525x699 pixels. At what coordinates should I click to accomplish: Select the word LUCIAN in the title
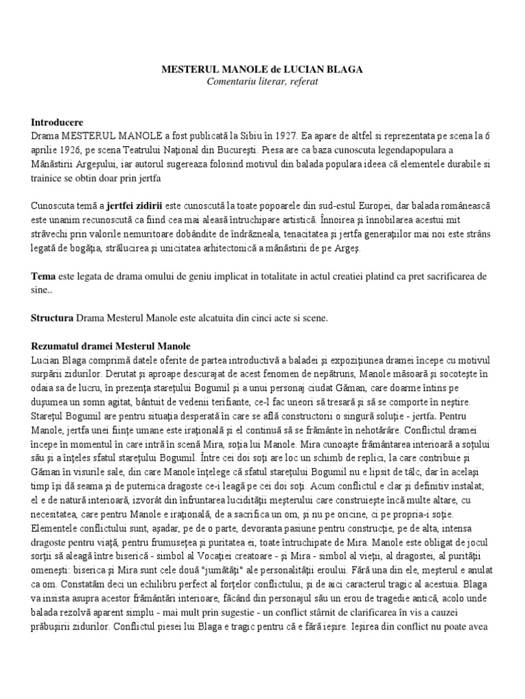tap(301, 70)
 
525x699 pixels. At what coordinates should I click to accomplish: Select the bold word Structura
tap(53, 317)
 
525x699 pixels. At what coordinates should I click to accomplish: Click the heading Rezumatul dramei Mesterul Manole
tap(111, 346)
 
